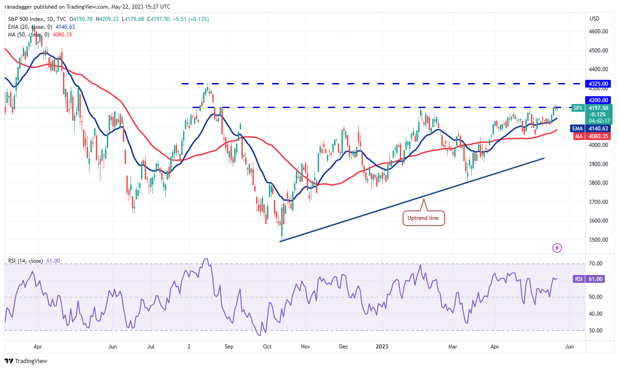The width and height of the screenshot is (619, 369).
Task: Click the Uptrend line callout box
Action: click(x=423, y=218)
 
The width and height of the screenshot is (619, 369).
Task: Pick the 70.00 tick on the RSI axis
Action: click(x=595, y=264)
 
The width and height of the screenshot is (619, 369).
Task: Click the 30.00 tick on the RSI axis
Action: click(x=595, y=330)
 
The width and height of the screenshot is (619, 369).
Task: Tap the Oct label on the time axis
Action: click(x=268, y=347)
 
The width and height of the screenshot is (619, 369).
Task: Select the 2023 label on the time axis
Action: click(x=382, y=347)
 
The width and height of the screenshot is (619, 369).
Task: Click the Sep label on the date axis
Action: click(x=229, y=347)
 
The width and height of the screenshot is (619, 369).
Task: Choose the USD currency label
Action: click(x=594, y=19)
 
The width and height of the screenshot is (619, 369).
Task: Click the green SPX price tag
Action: click(x=578, y=108)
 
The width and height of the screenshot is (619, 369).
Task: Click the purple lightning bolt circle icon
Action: click(x=557, y=248)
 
